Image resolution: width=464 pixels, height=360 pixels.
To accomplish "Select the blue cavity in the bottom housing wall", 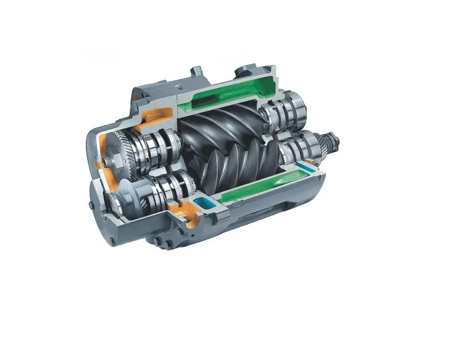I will click(204, 203).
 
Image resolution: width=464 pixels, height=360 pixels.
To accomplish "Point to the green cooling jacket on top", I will click(227, 95).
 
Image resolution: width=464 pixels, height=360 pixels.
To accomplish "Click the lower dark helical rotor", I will click(241, 167).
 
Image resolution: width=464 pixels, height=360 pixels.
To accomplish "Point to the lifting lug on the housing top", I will click(196, 73).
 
